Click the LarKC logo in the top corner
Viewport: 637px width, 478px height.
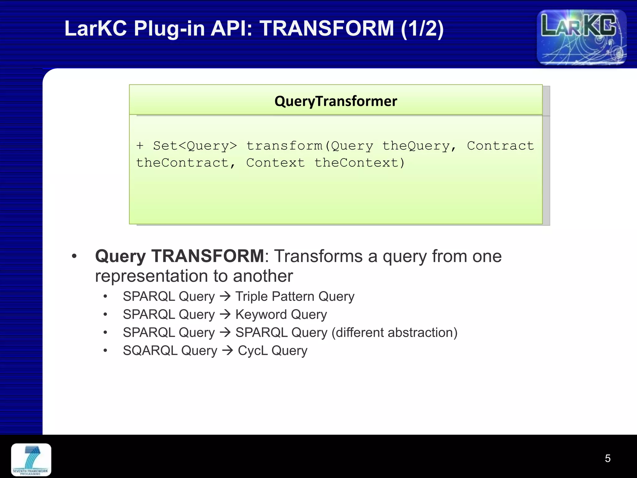point(581,37)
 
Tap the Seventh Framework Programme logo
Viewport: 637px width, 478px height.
point(31,460)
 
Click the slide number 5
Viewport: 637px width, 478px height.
point(607,458)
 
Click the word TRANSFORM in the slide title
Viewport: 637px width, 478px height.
point(327,28)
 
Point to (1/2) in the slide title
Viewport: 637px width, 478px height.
point(422,28)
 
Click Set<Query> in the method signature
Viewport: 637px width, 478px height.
point(195,146)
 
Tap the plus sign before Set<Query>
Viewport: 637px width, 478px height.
point(140,145)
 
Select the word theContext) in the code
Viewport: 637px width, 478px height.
point(360,163)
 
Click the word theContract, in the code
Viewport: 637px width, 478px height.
point(186,163)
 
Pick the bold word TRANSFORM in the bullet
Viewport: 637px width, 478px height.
point(207,256)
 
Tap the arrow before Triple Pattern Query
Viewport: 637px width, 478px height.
point(225,296)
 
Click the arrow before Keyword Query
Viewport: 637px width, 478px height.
point(225,314)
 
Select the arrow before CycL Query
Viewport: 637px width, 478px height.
point(227,350)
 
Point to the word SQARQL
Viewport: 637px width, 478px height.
point(150,350)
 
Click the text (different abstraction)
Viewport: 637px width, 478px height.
point(394,332)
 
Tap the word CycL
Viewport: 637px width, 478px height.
point(253,350)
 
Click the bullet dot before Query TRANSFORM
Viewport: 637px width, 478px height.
point(74,256)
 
